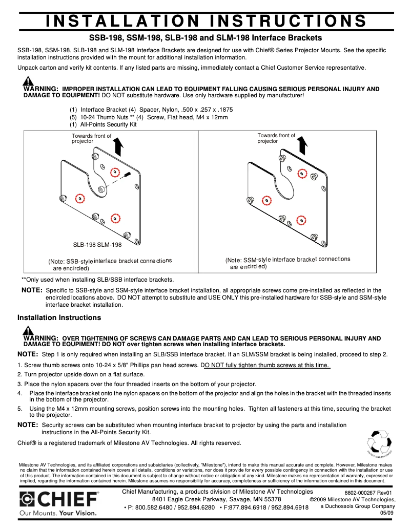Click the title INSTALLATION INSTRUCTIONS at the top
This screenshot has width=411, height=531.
[x=205, y=20]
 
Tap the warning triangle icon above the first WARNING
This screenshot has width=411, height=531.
[x=28, y=81]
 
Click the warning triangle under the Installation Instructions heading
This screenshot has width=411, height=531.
[x=28, y=330]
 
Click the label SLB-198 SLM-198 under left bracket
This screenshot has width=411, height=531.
[x=97, y=245]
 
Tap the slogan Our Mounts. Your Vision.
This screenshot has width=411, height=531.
[x=57, y=513]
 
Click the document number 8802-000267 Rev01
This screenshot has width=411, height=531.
[x=368, y=493]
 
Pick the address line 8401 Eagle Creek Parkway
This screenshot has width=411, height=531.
[x=216, y=499]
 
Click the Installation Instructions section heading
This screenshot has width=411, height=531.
[x=59, y=317]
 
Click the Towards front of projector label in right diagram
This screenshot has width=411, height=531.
[x=276, y=138]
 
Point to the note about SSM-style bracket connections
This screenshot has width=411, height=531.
[x=287, y=263]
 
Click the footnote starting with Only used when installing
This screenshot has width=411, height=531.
[x=97, y=280]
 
